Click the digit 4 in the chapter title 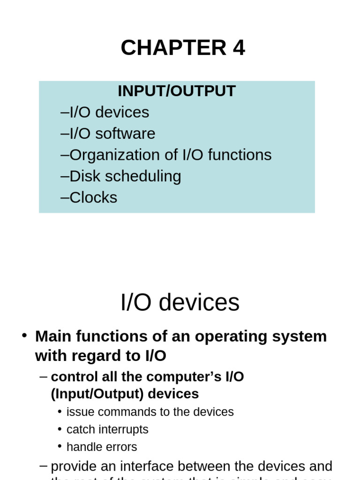[x=239, y=48]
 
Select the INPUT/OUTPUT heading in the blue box [x=176, y=91]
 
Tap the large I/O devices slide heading [x=180, y=303]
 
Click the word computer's [x=179, y=377]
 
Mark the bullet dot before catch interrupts [x=60, y=429]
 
